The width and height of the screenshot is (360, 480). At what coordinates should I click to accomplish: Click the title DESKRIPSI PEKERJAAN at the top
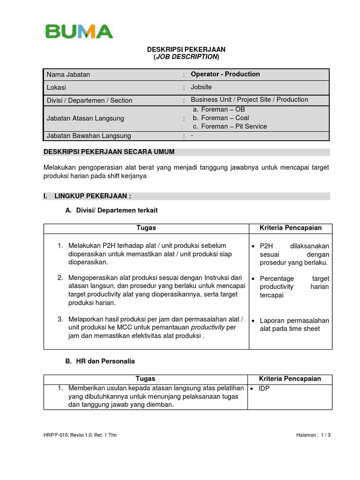tap(186, 49)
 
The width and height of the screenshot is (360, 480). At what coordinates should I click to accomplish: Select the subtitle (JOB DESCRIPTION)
tap(186, 57)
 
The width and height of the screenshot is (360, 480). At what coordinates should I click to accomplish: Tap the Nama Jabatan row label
tap(68, 75)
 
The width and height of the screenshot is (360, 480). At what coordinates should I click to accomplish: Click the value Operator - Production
tap(225, 74)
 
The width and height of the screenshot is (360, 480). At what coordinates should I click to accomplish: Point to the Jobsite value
tap(201, 87)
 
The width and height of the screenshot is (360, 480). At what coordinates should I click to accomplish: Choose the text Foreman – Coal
tap(221, 118)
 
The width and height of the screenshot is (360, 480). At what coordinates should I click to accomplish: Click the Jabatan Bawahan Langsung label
tap(89, 136)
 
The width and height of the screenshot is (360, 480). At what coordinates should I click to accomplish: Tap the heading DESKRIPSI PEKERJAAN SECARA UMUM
tap(109, 152)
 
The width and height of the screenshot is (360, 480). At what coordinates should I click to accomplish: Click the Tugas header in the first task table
tap(146, 228)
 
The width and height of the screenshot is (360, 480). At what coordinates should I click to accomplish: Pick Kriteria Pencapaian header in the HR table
tap(290, 379)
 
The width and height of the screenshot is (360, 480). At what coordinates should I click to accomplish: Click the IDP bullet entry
tap(265, 389)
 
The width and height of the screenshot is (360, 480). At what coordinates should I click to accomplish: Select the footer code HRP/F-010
tap(56, 435)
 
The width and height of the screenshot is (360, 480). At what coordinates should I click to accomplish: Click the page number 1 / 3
tap(325, 435)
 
